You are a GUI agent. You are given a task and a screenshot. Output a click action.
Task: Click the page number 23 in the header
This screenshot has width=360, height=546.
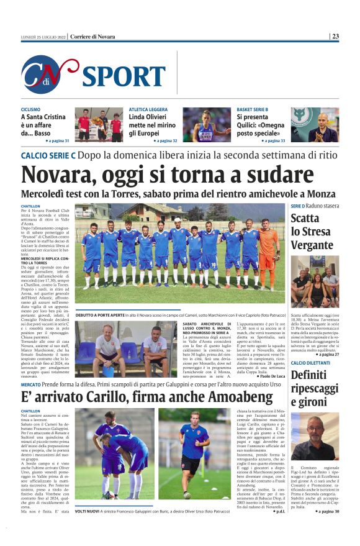[x=335, y=36]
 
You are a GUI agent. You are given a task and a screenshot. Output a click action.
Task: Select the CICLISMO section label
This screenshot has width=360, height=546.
[x=31, y=109]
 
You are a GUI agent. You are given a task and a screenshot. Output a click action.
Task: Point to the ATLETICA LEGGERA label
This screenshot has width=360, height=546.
[x=148, y=109]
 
